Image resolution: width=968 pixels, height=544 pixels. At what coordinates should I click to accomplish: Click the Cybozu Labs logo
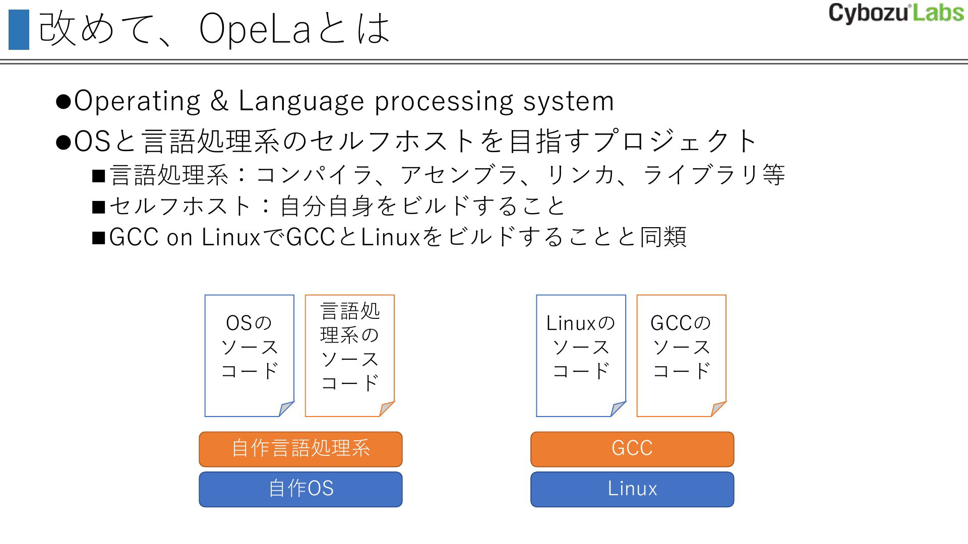coord(896,13)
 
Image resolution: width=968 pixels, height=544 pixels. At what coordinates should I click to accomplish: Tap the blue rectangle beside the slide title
coord(19,30)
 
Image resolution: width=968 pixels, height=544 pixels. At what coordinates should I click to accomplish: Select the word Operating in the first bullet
coord(137,101)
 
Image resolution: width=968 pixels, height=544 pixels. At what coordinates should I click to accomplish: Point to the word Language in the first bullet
coord(301,101)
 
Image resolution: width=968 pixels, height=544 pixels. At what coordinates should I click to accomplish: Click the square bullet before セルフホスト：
coord(98,207)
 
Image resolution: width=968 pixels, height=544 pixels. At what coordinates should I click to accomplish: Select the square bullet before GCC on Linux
coord(98,238)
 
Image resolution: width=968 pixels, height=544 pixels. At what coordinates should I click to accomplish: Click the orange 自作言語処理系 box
coord(300,449)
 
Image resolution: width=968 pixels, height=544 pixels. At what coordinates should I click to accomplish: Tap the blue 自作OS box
coord(300,489)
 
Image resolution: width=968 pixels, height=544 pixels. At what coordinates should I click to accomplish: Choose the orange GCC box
coord(632,449)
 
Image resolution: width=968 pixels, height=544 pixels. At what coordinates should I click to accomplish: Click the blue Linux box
coord(632,489)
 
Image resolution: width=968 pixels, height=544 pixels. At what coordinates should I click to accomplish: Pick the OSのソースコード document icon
coord(249,356)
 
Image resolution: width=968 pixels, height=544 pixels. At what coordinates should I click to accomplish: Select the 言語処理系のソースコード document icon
coord(349,356)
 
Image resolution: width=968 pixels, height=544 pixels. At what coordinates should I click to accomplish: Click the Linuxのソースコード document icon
coord(581,356)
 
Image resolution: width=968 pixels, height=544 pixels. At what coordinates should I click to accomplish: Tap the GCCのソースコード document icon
coord(681,356)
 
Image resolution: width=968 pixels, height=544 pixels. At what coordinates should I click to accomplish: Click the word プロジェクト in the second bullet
coord(675,141)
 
